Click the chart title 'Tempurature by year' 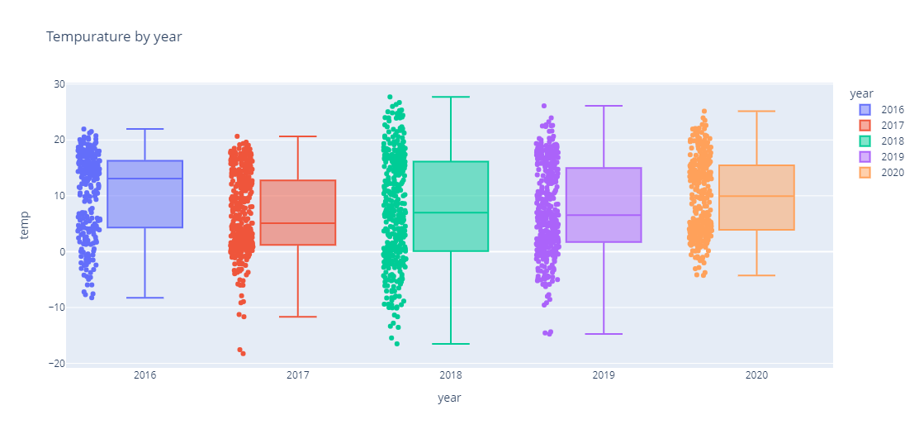[114, 36]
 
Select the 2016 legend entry [892, 109]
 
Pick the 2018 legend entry [892, 141]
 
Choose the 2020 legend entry [892, 173]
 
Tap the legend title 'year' [863, 93]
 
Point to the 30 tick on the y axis [59, 84]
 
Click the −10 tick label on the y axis [55, 308]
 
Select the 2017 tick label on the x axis [298, 375]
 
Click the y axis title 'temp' [25, 224]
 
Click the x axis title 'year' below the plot [449, 398]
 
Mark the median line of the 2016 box [144, 179]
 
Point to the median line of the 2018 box [451, 212]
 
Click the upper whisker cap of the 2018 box [451, 97]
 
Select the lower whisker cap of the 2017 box [298, 317]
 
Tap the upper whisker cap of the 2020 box [756, 111]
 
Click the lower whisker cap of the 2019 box [604, 334]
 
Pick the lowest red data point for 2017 [243, 353]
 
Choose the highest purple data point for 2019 [544, 106]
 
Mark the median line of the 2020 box [756, 196]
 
